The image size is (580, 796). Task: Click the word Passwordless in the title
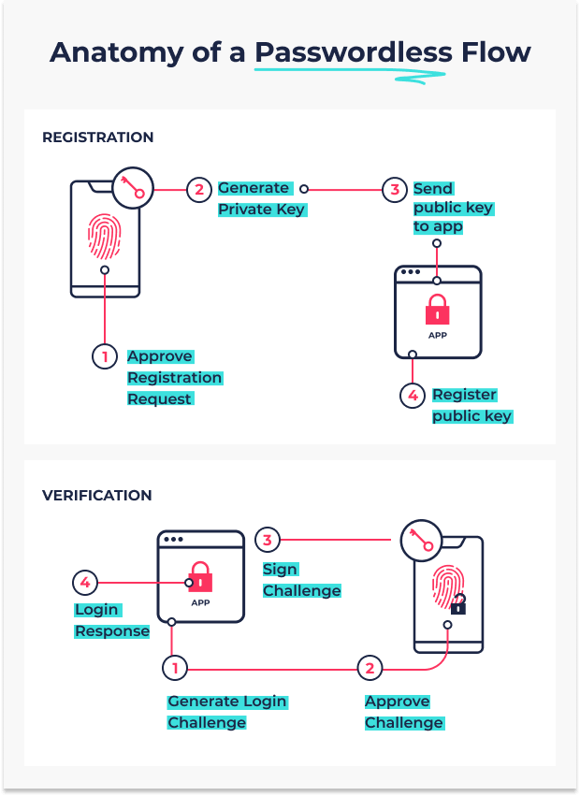point(353,52)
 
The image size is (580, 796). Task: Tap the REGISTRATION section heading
point(97,137)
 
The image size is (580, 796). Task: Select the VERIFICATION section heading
point(97,496)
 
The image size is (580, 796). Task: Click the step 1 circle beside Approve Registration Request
point(105,356)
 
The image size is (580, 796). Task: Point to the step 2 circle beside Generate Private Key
point(199,190)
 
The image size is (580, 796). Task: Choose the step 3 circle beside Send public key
point(395,190)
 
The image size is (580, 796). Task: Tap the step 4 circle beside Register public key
point(413,395)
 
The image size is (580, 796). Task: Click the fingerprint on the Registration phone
point(104,237)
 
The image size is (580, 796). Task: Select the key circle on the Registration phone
point(133,188)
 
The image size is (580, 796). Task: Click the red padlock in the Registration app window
point(437,310)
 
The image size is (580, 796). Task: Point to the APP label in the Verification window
point(200,602)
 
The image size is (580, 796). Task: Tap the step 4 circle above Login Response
point(85,583)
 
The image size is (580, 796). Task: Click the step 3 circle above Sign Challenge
point(268,540)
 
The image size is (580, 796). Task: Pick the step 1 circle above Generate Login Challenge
point(175,668)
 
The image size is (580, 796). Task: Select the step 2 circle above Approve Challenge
point(370,668)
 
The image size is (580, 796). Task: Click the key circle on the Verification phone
point(421,540)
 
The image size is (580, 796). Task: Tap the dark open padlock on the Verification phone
point(458,604)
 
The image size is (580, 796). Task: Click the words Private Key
point(262,210)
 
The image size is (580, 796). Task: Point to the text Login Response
point(111,620)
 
